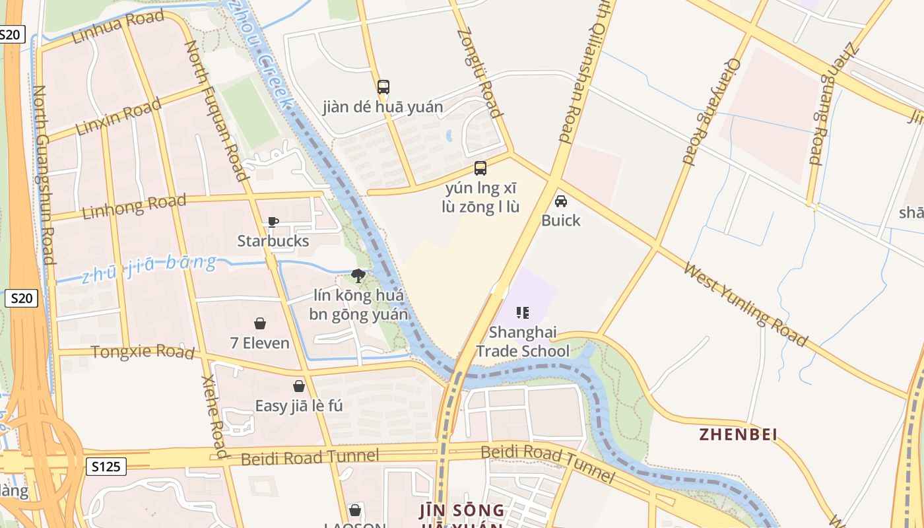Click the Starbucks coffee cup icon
point(273,222)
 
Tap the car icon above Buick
point(561,201)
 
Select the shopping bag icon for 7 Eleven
point(260,323)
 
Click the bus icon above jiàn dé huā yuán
point(383,86)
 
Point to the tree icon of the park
point(358,275)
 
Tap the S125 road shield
point(106,467)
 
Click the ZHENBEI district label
point(738,434)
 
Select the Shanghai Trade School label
point(522,341)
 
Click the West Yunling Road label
point(745,304)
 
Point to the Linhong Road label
point(134,207)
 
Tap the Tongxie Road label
point(143,352)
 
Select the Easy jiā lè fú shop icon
point(299,385)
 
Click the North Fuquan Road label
point(215,110)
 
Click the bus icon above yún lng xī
point(480,168)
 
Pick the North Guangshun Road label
point(43,174)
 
